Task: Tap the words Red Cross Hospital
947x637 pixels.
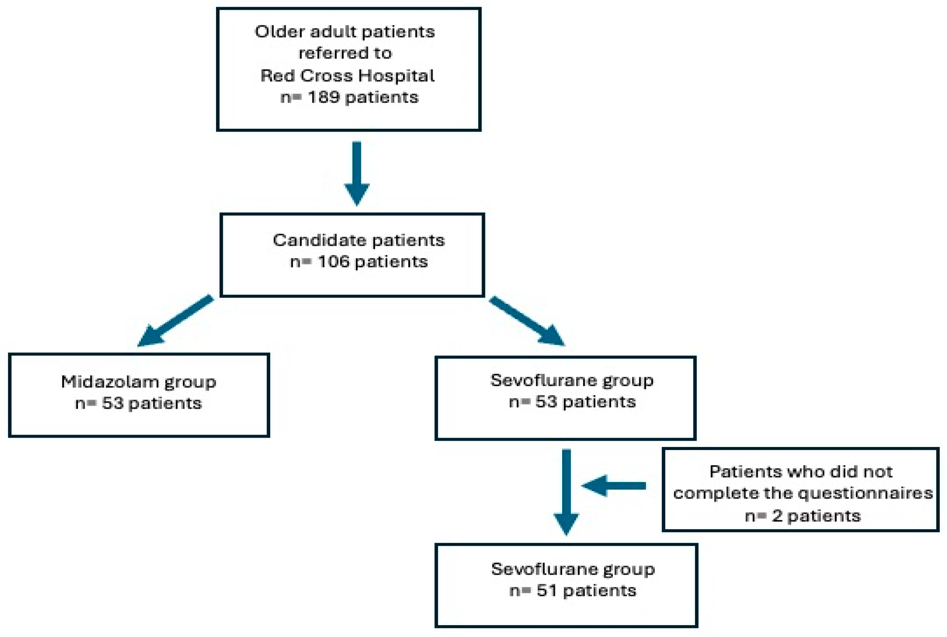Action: click(x=347, y=75)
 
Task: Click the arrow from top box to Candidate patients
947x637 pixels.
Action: click(x=357, y=173)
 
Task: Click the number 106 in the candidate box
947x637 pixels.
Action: click(x=333, y=261)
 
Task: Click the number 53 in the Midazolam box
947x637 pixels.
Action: click(x=113, y=403)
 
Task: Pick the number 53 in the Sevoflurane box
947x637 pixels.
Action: click(x=546, y=402)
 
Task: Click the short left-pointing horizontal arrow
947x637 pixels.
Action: click(x=614, y=486)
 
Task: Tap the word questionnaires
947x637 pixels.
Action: click(x=865, y=493)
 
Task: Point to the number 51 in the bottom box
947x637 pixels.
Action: click(x=546, y=591)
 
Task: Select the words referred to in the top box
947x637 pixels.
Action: click(x=345, y=53)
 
